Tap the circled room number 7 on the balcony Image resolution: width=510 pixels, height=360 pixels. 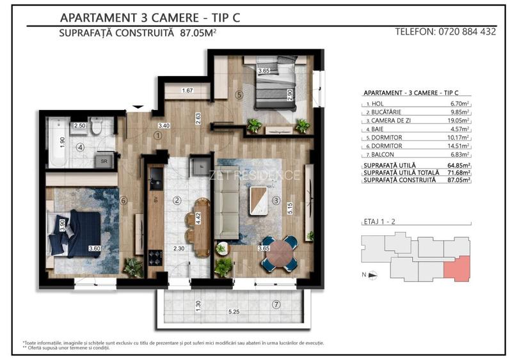(x=276, y=304)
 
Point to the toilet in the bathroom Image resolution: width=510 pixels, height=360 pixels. (x=96, y=127)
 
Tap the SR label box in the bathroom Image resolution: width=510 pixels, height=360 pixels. (x=104, y=161)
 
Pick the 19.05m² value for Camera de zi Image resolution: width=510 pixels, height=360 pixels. (x=459, y=120)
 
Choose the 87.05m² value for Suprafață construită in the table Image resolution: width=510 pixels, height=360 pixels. (x=459, y=180)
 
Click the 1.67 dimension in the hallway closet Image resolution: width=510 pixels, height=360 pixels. (x=187, y=91)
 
